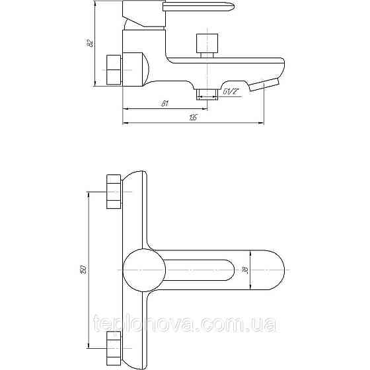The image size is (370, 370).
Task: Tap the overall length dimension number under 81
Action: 192,117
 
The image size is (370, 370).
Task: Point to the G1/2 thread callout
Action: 231,92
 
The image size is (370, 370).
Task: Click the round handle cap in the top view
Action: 143,269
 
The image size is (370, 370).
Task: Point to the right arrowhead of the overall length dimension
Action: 264,122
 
